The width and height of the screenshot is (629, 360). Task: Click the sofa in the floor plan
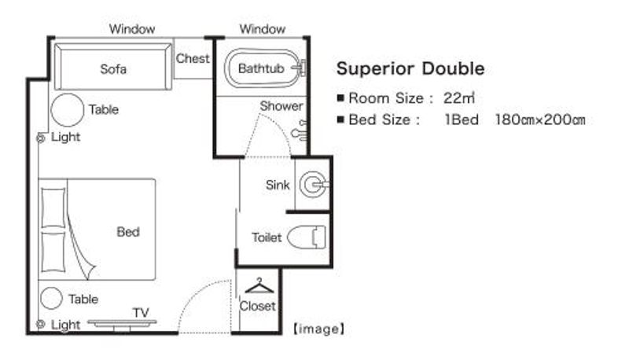coord(113,67)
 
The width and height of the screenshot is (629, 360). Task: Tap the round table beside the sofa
coord(68,110)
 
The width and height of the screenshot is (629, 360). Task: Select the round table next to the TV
coord(51,298)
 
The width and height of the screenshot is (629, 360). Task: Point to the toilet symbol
coord(307,237)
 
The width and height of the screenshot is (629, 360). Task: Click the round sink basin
coord(314,185)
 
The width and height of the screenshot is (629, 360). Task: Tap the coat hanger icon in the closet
coord(259,285)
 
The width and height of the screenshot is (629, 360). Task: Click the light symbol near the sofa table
coord(41,138)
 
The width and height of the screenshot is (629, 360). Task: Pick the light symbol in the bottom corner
coord(40,324)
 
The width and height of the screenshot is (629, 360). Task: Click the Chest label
coord(193,58)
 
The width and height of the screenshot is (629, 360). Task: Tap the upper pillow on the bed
coord(53,208)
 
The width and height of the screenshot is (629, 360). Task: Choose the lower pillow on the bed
coord(53,252)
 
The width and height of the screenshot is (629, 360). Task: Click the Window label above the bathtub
coord(263,29)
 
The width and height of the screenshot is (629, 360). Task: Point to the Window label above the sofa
coord(132,29)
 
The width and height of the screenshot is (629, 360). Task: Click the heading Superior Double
coord(410,68)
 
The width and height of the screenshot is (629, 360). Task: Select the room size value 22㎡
coord(459,97)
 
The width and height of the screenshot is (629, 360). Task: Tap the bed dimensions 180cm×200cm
coord(540,119)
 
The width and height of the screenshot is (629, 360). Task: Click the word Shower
coord(281,106)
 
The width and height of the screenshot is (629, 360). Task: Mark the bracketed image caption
coord(319,329)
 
